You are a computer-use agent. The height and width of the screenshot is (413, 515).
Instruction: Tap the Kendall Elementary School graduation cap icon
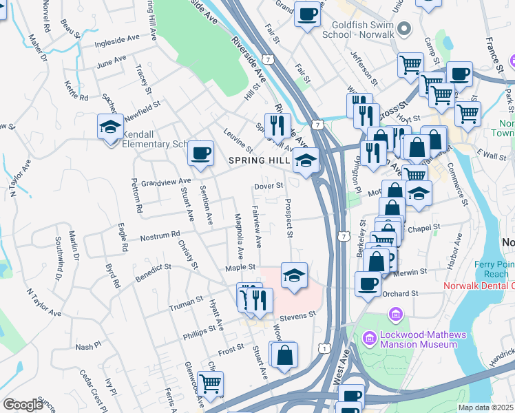(110, 127)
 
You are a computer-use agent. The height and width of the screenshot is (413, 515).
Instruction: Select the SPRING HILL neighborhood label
(259, 160)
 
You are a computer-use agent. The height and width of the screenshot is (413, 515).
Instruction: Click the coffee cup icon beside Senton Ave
(200, 152)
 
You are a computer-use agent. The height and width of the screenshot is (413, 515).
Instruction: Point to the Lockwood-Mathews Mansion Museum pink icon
(396, 315)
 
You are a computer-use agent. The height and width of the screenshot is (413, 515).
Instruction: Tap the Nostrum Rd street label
(160, 235)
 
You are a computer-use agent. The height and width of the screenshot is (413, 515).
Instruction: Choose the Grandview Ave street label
(165, 182)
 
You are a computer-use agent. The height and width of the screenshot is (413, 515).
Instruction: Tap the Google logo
(23, 405)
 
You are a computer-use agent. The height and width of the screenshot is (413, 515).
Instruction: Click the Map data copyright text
(486, 407)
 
